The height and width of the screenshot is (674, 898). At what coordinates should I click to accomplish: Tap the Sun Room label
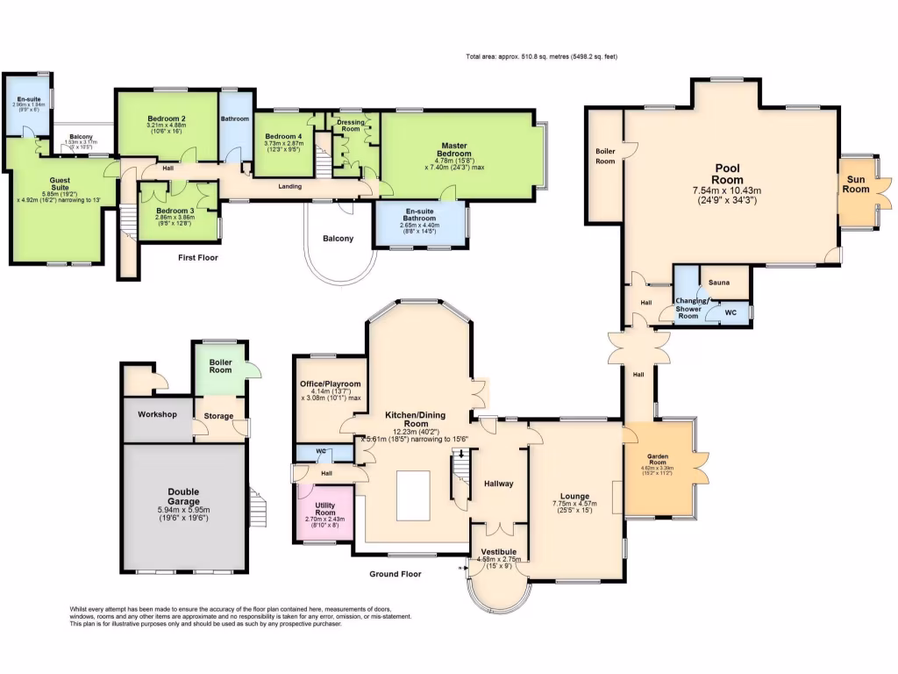[856, 183]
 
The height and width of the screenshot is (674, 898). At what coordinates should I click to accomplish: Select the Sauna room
[721, 283]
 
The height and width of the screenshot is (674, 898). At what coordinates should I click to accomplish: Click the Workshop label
[157, 414]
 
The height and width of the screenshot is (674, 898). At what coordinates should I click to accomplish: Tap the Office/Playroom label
[329, 384]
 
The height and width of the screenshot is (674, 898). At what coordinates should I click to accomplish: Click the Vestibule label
[497, 552]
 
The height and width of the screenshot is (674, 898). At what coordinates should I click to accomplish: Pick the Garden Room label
[658, 457]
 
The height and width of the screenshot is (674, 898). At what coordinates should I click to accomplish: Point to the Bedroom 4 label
[283, 136]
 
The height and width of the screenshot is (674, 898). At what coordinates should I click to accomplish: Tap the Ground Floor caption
[395, 574]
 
